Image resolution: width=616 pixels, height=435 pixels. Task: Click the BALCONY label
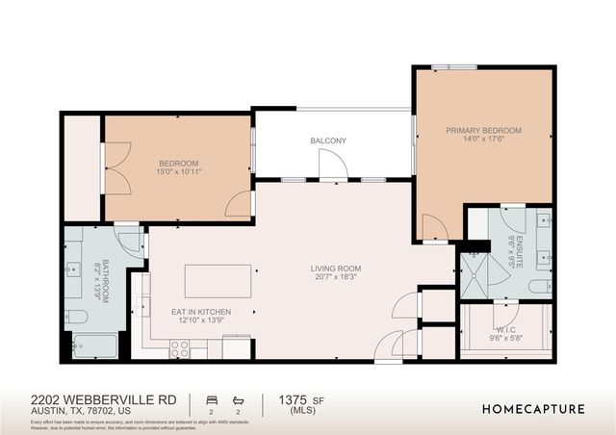tap(328, 141)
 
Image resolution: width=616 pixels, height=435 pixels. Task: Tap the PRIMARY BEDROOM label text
tap(483, 130)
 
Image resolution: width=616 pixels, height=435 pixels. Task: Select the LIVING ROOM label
tap(335, 269)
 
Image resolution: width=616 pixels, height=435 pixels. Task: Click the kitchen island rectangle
tap(218, 281)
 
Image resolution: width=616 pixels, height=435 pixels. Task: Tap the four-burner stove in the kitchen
tap(180, 350)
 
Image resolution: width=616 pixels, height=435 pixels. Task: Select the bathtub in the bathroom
tap(95, 345)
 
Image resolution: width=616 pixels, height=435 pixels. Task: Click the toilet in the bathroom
tap(78, 315)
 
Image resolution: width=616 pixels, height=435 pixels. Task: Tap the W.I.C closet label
tap(505, 327)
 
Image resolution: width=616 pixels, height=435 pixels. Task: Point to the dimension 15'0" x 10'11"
tap(179, 172)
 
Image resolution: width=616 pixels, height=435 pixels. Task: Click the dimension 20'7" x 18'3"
tap(335, 278)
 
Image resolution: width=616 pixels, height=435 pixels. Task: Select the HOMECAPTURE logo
tap(533, 408)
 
